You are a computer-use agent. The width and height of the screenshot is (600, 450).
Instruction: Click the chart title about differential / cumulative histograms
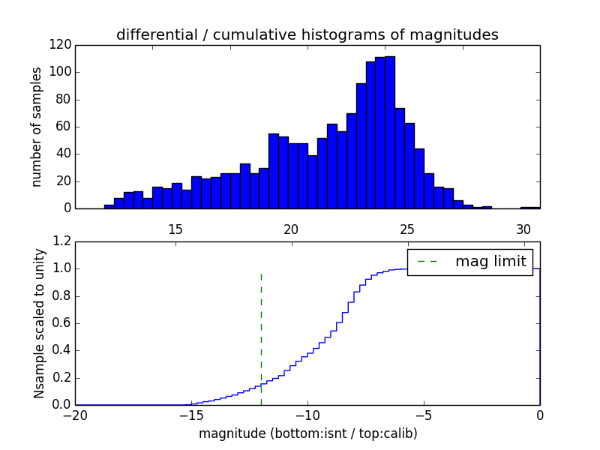307,34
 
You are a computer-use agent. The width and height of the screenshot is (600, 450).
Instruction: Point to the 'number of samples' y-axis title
36,127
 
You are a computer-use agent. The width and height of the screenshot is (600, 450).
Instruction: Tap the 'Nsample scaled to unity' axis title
39,323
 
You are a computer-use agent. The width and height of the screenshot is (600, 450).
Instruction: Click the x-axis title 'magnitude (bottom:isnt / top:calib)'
307,433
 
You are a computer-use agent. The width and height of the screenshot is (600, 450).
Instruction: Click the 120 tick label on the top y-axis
61,45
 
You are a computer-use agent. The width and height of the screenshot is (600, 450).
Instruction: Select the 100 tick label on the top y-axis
61,73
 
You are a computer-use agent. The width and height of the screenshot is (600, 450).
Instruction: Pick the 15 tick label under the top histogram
175,229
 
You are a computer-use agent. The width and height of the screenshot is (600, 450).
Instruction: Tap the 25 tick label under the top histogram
407,229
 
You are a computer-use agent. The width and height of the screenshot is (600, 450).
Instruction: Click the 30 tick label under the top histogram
523,229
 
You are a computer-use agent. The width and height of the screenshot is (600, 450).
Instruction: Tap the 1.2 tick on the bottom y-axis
63,241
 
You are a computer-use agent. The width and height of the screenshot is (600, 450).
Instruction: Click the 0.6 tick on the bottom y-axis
63,323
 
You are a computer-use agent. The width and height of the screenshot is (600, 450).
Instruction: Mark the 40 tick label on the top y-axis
64,154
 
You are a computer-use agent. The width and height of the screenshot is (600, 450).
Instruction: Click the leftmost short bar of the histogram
109,206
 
